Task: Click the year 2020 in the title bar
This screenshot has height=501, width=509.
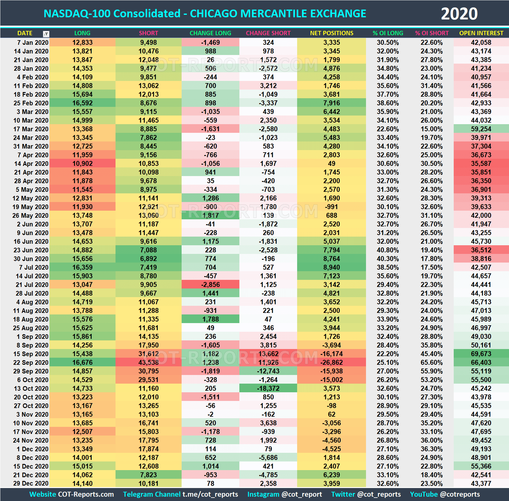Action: coord(459,14)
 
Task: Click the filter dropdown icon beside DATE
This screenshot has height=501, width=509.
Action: coord(46,34)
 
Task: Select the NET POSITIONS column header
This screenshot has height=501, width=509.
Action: coord(331,33)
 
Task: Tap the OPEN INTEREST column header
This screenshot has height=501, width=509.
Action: coord(481,33)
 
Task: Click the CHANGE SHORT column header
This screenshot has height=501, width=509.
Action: coord(268,33)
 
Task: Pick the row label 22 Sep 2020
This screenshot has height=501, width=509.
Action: coord(31,363)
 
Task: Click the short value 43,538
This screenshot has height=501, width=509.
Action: coord(148,363)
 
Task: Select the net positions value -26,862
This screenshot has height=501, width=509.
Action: coord(331,363)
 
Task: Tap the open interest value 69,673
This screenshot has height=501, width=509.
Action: coord(481,354)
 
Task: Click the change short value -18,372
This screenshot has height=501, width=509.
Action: coord(268,389)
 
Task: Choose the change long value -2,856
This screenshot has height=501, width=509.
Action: coord(210,285)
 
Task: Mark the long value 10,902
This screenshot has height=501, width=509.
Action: coord(82,164)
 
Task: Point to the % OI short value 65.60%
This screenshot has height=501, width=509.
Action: coord(431,363)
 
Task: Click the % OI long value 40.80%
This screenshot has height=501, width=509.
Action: coord(388,250)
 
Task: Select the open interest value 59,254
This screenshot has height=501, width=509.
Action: coord(481,129)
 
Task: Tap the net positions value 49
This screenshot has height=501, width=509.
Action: coord(331,164)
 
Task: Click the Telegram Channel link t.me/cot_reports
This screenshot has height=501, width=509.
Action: coord(210,494)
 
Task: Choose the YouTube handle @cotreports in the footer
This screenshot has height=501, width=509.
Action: coord(460,494)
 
